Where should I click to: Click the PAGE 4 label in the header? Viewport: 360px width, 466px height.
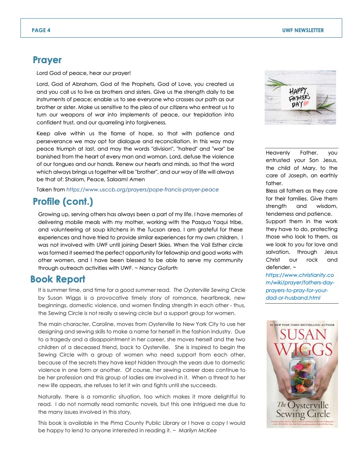pos(41,30)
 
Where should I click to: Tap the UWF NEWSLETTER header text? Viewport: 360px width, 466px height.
pos(303,30)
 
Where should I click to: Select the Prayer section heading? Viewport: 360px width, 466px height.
pos(47,60)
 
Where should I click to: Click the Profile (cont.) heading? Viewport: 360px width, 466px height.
pos(63,202)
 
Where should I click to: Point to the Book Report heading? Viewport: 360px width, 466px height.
pos(58,279)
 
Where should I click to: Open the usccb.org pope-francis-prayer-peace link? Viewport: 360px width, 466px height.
pos(142,189)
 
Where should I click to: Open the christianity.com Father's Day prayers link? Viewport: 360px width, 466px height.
pos(300,286)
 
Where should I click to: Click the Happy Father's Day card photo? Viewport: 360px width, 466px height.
pos(300,97)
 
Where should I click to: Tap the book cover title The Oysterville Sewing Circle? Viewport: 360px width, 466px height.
pos(302,409)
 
